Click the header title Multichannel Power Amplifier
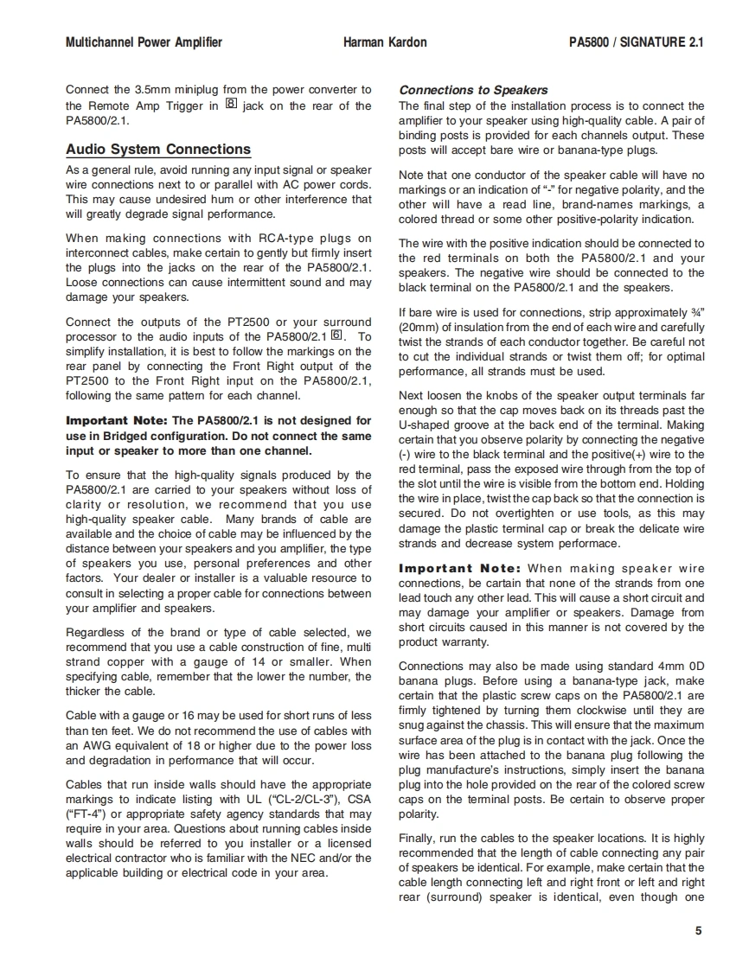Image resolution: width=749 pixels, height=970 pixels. [144, 42]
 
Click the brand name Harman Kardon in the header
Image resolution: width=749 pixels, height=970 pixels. [385, 42]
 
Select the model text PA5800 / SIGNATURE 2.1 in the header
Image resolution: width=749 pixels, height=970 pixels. [636, 42]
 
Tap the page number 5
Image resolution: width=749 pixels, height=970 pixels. [698, 931]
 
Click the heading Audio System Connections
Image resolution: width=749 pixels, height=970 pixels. [158, 150]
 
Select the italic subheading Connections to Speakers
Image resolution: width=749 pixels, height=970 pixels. [473, 90]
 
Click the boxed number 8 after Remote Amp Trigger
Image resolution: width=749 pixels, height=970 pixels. [230, 105]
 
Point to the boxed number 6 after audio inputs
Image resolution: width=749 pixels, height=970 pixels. [337, 335]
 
